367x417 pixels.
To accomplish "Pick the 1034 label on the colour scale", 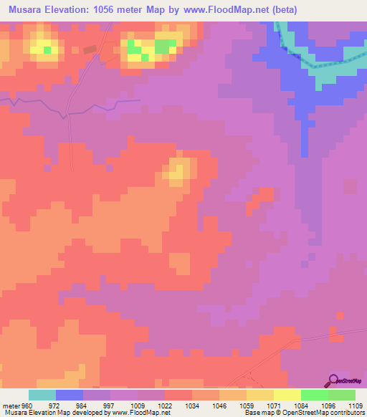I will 191,406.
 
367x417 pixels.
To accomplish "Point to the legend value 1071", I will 273,406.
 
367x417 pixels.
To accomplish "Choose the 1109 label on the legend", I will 355,406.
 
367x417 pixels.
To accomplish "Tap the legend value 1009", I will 137,406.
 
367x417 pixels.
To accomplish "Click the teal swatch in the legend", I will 42,396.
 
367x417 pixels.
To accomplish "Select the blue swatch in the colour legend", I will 70,396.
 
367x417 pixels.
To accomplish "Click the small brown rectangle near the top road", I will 89,49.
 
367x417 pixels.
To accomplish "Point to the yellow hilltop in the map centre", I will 179,171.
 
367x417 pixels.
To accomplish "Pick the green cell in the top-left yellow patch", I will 47,50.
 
